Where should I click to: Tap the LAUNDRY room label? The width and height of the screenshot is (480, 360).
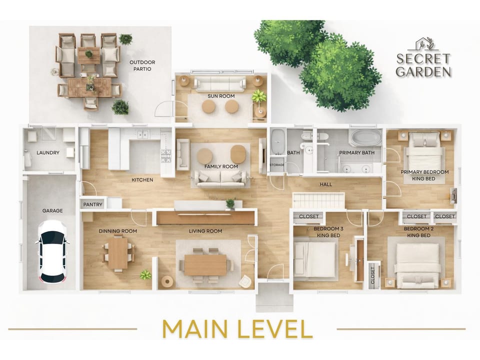(x=48, y=152)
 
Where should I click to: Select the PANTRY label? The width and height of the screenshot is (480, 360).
(x=93, y=204)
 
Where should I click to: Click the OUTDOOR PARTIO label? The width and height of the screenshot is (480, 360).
(x=142, y=65)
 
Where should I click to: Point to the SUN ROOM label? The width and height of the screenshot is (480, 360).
(x=221, y=96)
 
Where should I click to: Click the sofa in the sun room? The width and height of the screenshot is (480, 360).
(x=220, y=83)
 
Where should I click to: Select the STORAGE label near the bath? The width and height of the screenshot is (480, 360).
(x=277, y=164)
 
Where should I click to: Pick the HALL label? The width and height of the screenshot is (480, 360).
(x=325, y=184)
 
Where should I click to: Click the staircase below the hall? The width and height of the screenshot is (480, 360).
(x=318, y=200)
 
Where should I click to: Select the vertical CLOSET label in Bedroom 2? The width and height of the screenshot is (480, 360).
(x=372, y=275)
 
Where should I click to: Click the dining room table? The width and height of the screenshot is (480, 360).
(x=118, y=253)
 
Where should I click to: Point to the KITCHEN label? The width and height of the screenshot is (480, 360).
(x=142, y=179)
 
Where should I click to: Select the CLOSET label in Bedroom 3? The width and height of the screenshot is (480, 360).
(x=309, y=216)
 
